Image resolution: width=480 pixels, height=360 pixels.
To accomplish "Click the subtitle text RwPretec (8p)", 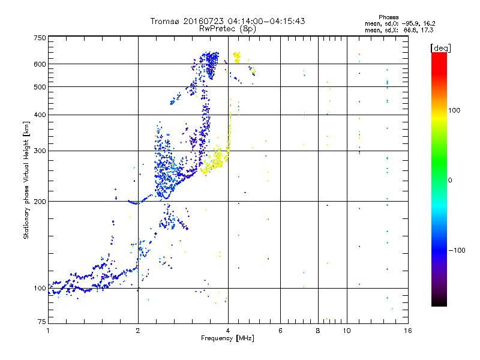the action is tap(227, 29).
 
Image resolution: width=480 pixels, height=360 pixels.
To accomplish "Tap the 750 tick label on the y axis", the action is tap(40, 38).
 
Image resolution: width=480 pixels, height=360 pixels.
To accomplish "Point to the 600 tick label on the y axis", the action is tap(40, 64).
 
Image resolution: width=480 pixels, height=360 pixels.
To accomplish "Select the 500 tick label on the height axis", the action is tap(40, 87).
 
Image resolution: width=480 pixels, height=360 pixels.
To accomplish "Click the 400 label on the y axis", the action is tap(40, 115).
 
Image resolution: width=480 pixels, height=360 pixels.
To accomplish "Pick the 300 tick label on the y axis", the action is tap(40, 151).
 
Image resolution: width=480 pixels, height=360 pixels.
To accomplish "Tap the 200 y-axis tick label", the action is tap(40, 202).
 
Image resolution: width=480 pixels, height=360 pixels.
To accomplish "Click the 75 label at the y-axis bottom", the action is tap(42, 322).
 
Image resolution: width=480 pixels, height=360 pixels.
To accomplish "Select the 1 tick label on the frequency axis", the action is tap(48, 331).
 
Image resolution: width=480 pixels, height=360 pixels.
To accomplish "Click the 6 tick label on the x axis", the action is tap(280, 331).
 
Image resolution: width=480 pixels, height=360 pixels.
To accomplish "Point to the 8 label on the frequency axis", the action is tap(318, 331).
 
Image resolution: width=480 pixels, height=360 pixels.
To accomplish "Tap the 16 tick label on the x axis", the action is tap(408, 331).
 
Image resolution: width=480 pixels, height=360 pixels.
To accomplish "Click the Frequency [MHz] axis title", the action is tap(227, 338).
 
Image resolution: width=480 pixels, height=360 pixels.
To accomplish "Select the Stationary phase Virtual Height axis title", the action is tap(26, 181).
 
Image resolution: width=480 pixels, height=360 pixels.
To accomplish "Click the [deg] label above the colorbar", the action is tap(440, 48).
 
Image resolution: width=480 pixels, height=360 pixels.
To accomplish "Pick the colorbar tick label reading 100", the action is tap(454, 110).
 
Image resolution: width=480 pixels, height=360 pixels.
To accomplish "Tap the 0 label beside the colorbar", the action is tap(450, 181).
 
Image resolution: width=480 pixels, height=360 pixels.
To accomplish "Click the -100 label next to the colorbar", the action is tap(457, 250).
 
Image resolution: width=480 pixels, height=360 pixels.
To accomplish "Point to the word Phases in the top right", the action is tap(388, 17).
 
